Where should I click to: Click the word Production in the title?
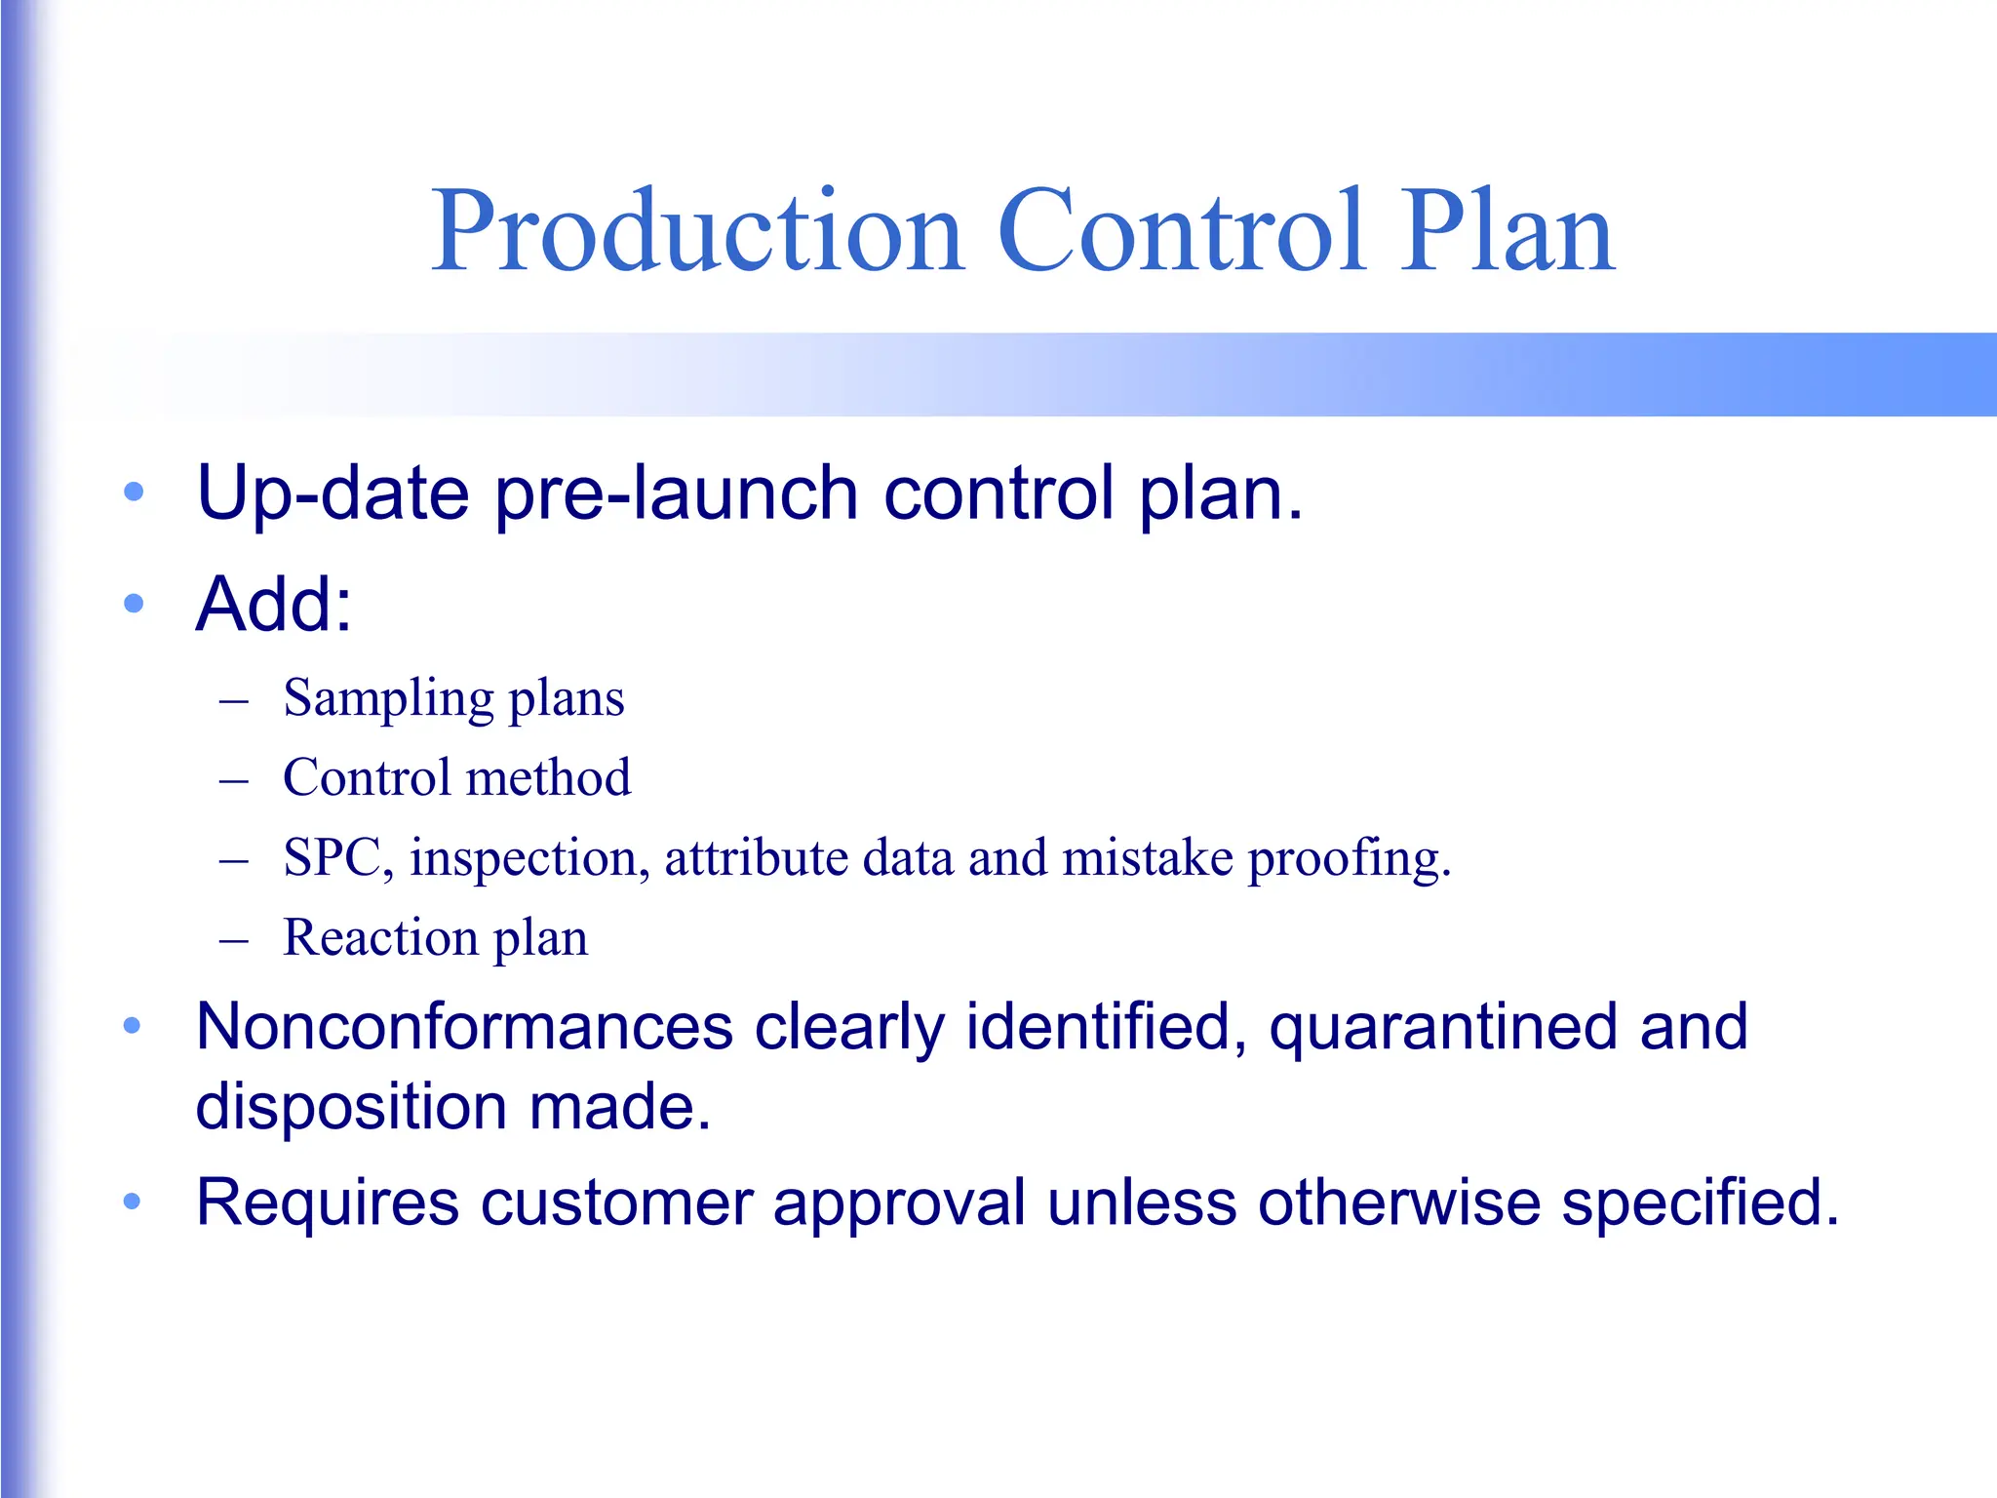[698, 231]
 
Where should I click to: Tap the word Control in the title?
[1181, 231]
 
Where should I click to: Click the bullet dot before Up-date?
[134, 492]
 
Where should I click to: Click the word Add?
[274, 604]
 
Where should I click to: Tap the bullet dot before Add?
[134, 604]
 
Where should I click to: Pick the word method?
[549, 778]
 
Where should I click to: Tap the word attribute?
[756, 859]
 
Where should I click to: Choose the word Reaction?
[380, 938]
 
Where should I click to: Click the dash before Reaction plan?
[234, 941]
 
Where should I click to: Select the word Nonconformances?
[464, 1027]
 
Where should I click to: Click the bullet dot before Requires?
[132, 1202]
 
